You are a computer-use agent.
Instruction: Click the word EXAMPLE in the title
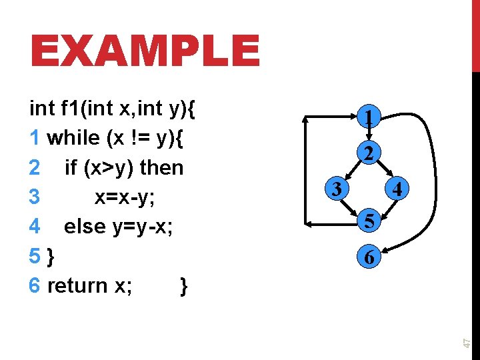[x=145, y=51]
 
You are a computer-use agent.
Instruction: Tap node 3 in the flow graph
[x=338, y=189]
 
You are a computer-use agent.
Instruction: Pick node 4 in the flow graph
[x=397, y=190]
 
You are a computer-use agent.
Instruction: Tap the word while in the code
[x=74, y=138]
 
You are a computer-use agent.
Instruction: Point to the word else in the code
[x=85, y=227]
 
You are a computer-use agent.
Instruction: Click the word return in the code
[x=78, y=285]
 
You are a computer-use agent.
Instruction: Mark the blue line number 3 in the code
[x=35, y=197]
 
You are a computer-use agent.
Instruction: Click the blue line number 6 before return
[x=35, y=285]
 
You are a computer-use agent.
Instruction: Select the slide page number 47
[x=468, y=341]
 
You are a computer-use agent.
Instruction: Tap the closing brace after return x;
[x=184, y=286]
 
